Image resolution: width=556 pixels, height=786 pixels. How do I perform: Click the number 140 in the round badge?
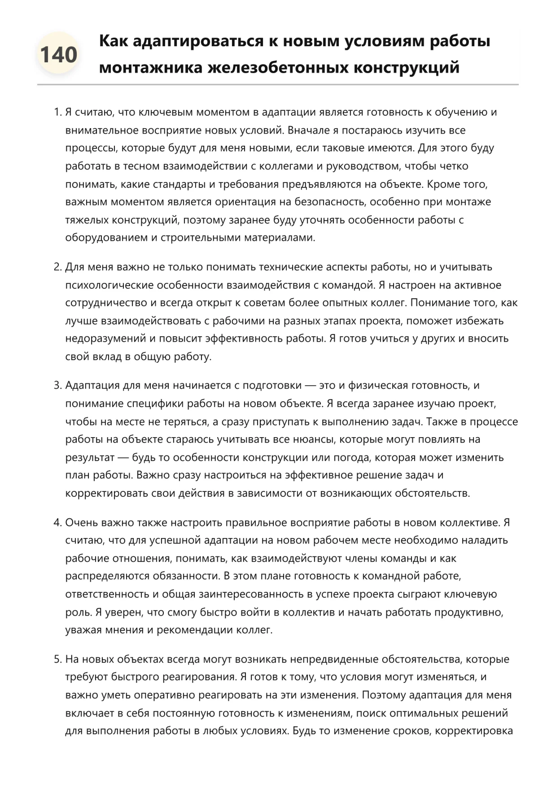[59, 55]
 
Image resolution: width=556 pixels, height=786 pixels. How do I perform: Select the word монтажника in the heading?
[151, 68]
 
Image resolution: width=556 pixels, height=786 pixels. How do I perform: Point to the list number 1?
[57, 112]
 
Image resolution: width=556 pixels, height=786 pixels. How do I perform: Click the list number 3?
[57, 386]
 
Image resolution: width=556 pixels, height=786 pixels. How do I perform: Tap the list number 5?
[57, 659]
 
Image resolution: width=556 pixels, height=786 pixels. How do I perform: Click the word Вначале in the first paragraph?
[308, 130]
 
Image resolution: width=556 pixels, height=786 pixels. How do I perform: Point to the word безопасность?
[329, 202]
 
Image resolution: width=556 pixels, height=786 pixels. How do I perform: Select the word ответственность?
[108, 594]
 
